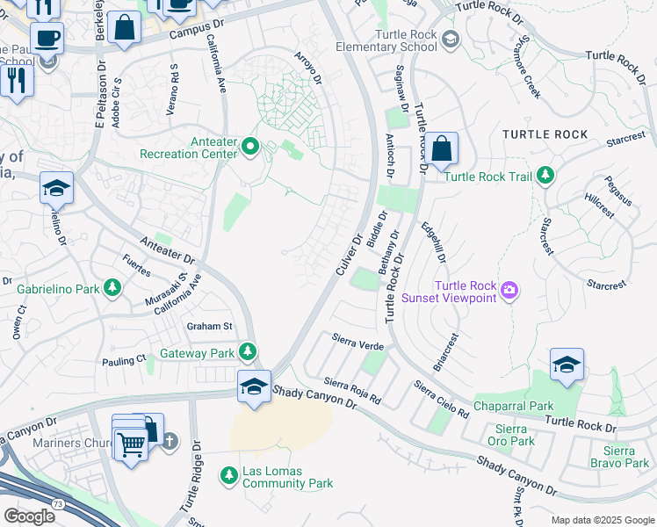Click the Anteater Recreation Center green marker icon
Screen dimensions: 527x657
point(250,146)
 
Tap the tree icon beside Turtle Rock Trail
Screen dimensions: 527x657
point(546,176)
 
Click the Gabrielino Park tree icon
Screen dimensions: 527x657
point(112,287)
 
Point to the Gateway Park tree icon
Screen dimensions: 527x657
point(249,352)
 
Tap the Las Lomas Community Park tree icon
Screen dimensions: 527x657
point(230,474)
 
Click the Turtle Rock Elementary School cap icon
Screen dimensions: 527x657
point(451,39)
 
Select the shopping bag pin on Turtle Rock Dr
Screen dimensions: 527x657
point(443,148)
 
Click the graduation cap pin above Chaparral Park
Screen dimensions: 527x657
point(567,365)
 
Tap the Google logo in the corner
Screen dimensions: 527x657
point(28,516)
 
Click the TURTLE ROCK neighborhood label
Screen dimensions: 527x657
point(545,134)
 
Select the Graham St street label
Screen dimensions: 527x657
point(209,326)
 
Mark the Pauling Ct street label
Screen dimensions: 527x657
point(124,360)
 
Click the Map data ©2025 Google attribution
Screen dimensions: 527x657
point(602,520)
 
